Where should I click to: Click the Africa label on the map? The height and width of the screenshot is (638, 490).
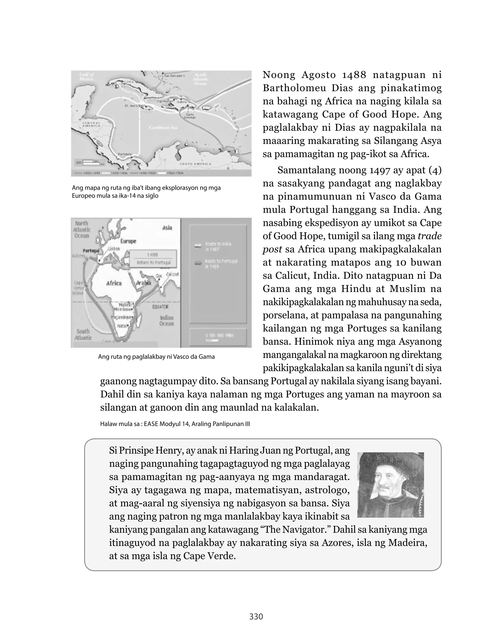pyautogui.click(x=114, y=283)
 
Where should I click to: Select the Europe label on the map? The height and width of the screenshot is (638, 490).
pyautogui.click(x=128, y=241)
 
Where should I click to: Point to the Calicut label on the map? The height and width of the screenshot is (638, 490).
pyautogui.click(x=172, y=274)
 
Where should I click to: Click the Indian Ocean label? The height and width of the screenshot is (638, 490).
pyautogui.click(x=167, y=321)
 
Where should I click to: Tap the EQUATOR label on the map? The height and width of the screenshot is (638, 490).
pyautogui.click(x=160, y=307)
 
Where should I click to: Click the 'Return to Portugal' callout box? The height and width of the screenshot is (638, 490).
pyautogui.click(x=153, y=258)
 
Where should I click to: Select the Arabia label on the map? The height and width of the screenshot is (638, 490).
pyautogui.click(x=143, y=283)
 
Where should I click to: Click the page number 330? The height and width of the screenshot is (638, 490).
pyautogui.click(x=256, y=616)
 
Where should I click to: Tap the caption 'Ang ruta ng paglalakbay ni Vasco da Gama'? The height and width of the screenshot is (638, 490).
pyautogui.click(x=156, y=357)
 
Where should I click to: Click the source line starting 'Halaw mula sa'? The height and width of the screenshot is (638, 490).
pyautogui.click(x=175, y=424)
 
